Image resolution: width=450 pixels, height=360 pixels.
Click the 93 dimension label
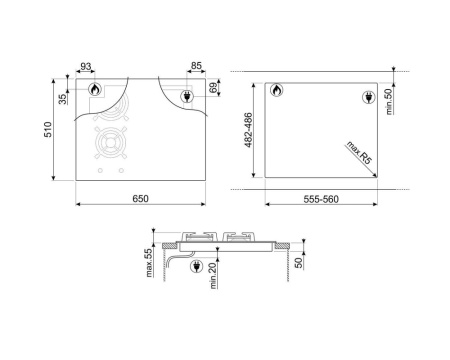[87, 67]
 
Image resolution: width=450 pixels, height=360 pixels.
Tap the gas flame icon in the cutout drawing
[276, 92]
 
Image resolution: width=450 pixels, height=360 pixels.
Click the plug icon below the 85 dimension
[186, 96]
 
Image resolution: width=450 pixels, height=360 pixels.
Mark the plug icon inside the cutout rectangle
[366, 97]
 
